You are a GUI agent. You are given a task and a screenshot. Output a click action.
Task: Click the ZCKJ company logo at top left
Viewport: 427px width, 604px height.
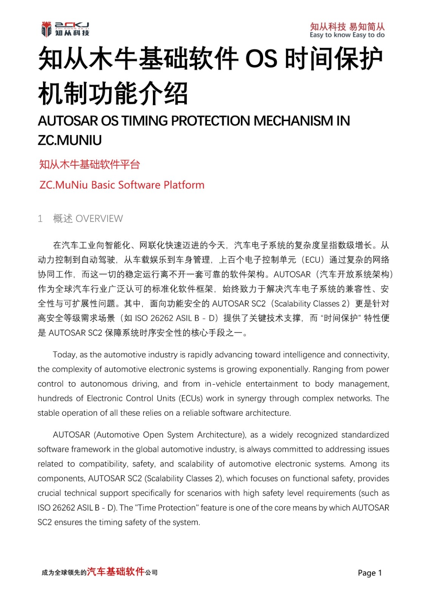click(65, 29)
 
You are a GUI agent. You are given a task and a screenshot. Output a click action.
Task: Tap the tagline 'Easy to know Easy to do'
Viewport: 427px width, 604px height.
click(347, 35)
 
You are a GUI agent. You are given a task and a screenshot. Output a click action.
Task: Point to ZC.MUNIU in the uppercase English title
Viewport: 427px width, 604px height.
click(70, 140)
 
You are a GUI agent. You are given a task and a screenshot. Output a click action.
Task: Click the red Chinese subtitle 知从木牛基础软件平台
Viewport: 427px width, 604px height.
click(89, 165)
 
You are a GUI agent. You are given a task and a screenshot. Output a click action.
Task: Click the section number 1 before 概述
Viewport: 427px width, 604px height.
click(40, 219)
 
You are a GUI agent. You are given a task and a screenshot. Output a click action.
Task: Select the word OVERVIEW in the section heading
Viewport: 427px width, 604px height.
click(99, 219)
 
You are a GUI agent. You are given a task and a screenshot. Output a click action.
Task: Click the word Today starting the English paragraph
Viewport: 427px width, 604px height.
click(65, 354)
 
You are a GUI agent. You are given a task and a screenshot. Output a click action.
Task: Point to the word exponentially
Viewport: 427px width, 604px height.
click(276, 369)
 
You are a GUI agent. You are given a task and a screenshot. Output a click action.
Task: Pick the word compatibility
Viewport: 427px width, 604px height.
click(103, 464)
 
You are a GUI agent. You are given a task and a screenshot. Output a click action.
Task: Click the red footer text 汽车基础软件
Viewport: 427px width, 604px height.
click(116, 572)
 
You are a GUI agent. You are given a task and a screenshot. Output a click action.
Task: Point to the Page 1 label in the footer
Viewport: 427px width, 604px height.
click(370, 573)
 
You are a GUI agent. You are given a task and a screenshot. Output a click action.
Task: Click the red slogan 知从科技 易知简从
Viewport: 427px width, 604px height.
click(347, 26)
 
